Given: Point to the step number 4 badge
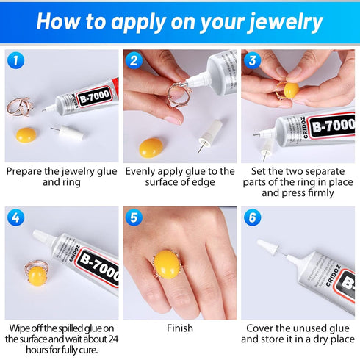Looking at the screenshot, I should pyautogui.click(x=15, y=217).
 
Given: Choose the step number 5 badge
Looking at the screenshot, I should pyautogui.click(x=134, y=217).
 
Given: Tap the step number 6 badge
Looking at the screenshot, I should pyautogui.click(x=252, y=217).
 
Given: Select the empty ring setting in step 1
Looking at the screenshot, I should pyautogui.click(x=20, y=104).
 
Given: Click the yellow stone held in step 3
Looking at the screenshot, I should pyautogui.click(x=291, y=91).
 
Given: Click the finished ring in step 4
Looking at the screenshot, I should pyautogui.click(x=37, y=275).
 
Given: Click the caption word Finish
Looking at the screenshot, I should pyautogui.click(x=179, y=328).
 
